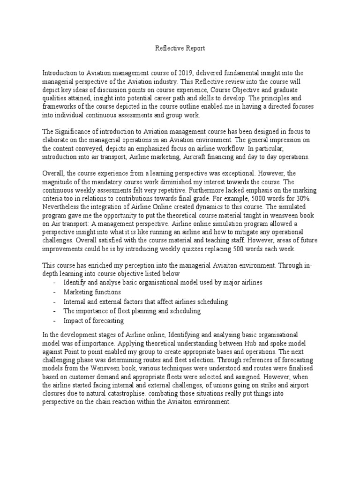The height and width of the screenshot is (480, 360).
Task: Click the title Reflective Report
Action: click(x=180, y=48)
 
